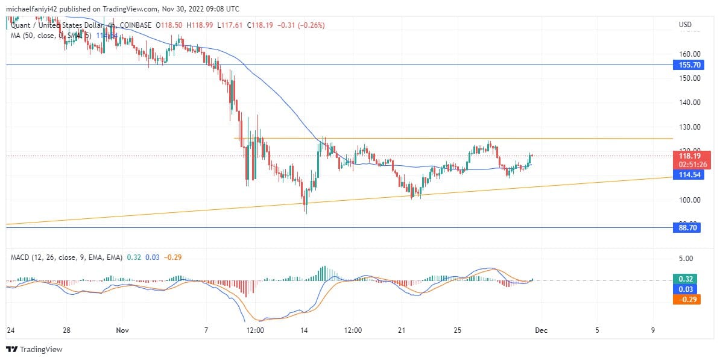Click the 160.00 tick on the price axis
(688, 54)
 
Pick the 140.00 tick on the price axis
(688, 103)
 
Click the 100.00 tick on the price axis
(688, 200)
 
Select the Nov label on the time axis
(122, 330)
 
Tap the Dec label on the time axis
(542, 330)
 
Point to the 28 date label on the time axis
(67, 330)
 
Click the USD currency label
(685, 25)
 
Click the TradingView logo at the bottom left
(34, 349)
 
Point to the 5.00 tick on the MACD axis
(686, 258)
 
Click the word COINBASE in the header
(136, 25)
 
